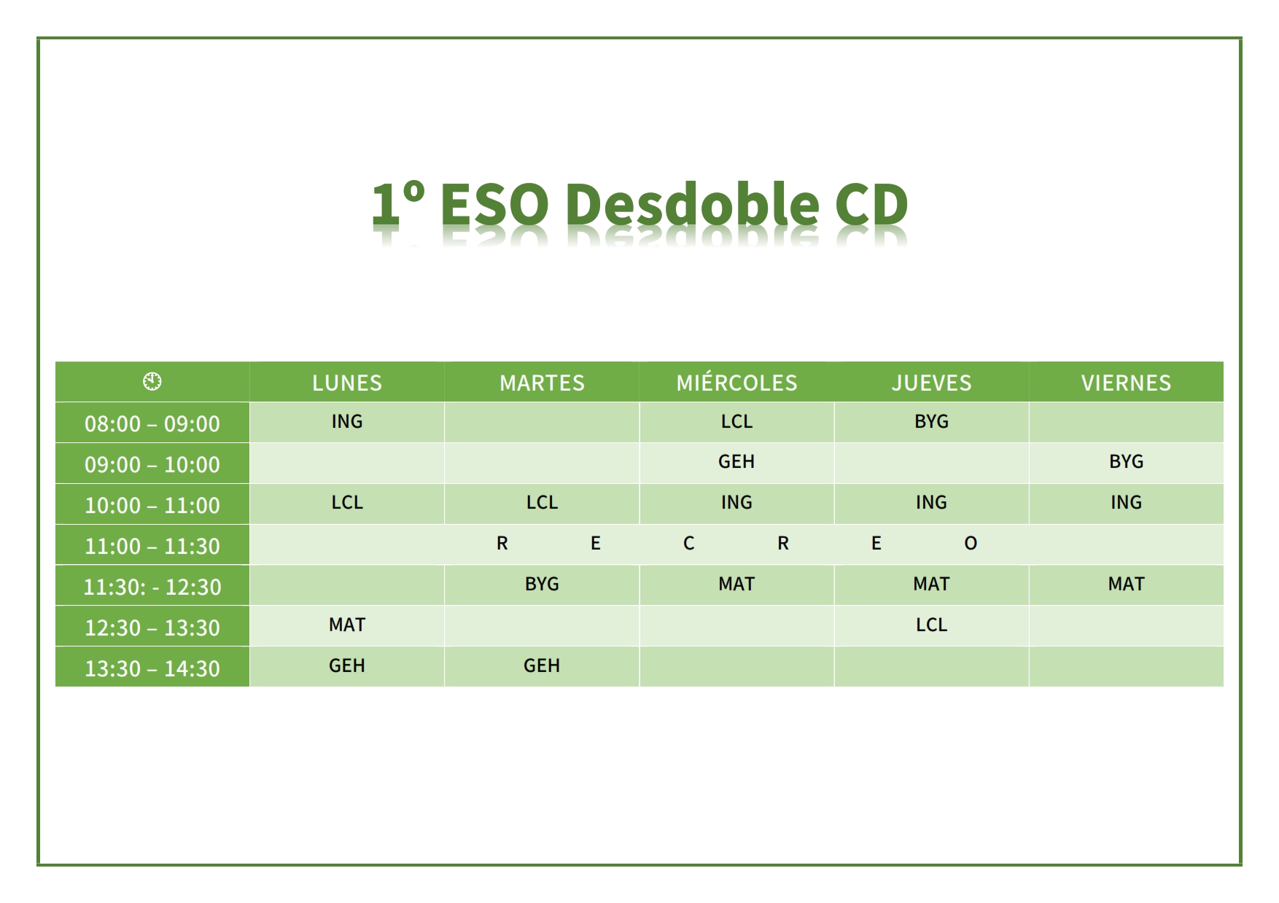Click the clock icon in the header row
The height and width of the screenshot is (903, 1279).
(x=152, y=381)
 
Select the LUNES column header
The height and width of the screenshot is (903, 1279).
(x=347, y=383)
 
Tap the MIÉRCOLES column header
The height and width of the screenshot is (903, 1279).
(x=736, y=382)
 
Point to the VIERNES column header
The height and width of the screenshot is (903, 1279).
(x=1126, y=383)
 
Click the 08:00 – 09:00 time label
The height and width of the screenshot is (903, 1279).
(x=152, y=423)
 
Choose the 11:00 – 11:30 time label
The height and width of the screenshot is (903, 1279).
(x=152, y=546)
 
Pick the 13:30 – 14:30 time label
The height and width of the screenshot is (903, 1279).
(x=152, y=668)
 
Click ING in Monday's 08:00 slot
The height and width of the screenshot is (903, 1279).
(x=347, y=421)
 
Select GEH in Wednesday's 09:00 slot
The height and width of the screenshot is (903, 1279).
(x=736, y=461)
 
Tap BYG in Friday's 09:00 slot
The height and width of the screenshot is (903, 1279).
(x=1126, y=461)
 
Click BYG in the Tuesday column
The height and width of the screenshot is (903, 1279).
(x=542, y=584)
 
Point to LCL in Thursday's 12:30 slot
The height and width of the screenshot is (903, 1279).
(x=931, y=625)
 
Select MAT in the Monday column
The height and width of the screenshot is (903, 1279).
(x=347, y=625)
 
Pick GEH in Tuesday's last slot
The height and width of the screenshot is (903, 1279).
(x=542, y=665)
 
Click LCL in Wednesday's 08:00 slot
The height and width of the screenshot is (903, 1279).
(x=736, y=421)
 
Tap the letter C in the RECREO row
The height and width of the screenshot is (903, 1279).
(x=688, y=543)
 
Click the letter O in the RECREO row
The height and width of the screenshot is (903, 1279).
(x=971, y=543)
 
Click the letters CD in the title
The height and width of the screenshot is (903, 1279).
(x=871, y=203)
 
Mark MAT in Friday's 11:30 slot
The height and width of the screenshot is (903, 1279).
(x=1126, y=584)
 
